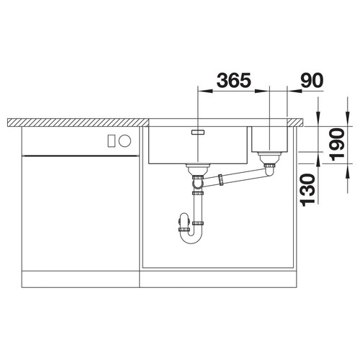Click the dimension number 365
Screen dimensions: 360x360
234,80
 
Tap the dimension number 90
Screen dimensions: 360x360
312,80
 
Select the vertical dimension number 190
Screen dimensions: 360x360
337,145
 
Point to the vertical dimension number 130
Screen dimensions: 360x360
308,190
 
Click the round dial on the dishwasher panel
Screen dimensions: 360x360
125,140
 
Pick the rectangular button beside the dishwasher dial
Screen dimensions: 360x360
111,140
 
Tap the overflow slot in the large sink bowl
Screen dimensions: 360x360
198,132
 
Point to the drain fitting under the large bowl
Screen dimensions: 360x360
198,169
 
